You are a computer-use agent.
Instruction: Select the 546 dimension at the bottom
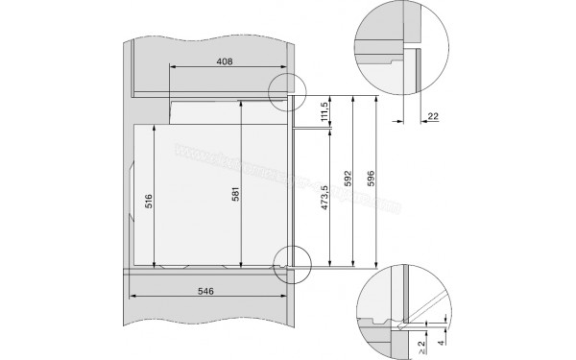[207, 290]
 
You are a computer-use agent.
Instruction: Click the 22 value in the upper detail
[432, 115]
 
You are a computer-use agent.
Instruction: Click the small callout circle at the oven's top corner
[285, 92]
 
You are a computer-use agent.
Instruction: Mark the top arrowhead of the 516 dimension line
[156, 125]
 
